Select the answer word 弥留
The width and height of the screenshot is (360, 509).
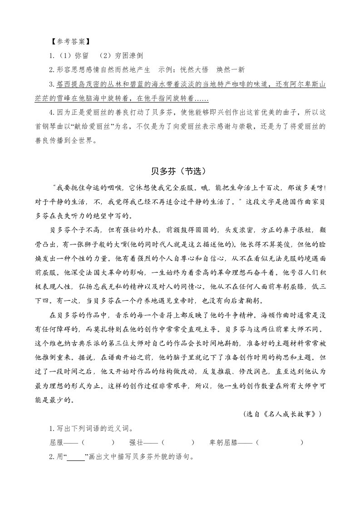tap(82, 56)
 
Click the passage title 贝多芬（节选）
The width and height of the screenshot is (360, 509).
tap(179, 171)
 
